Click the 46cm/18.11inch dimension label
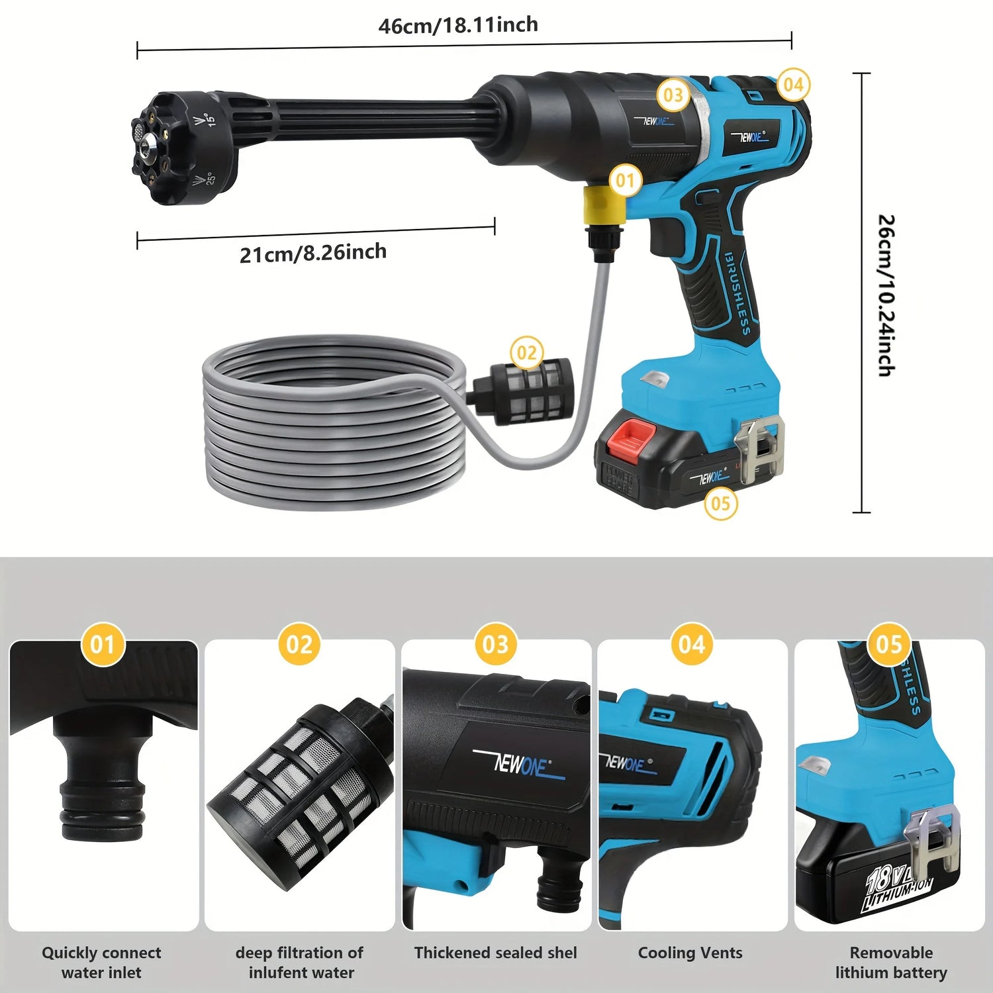pos(458,25)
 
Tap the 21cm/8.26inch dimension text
pos(313,253)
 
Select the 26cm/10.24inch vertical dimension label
pos(886,295)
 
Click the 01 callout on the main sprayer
pos(625,180)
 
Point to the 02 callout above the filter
pos(526,352)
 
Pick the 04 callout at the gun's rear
pos(792,85)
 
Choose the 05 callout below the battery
pos(720,504)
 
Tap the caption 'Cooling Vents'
pos(690,953)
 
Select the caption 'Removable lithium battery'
pos(890,963)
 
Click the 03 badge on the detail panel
pos(495,644)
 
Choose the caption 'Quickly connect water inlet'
pos(101,963)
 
